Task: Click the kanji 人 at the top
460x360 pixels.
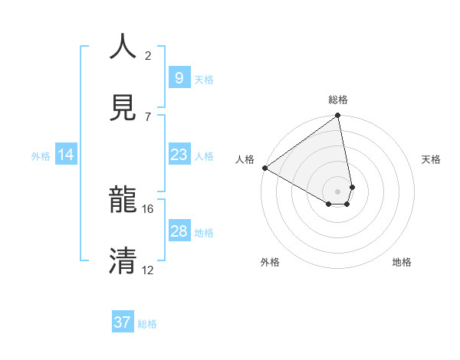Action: pos(123,47)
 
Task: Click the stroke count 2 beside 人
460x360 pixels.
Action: pos(148,55)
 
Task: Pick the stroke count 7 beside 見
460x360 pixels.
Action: pos(148,116)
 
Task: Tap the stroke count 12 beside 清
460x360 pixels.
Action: pos(148,270)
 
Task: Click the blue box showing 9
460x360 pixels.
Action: pos(179,77)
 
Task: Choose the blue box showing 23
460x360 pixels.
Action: pos(179,155)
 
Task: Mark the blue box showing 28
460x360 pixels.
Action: pos(179,231)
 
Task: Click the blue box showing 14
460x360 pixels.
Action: pos(66,155)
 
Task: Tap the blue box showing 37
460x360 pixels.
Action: pos(123,322)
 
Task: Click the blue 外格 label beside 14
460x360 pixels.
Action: pos(41,156)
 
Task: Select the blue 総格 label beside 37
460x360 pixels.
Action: pos(147,324)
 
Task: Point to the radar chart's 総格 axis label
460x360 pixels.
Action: pos(338,100)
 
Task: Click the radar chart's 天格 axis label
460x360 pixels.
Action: pos(432,159)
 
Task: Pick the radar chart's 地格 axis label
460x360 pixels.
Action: pos(402,262)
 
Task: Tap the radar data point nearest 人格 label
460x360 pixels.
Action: pos(264,168)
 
